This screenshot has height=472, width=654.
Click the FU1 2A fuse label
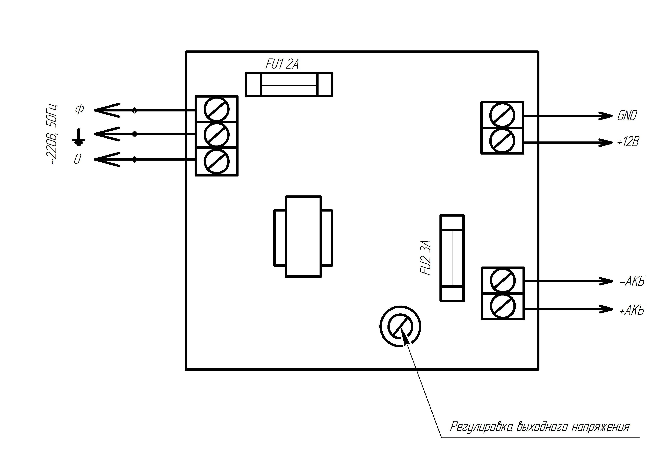[x=282, y=64]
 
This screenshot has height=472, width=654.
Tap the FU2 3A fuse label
[x=427, y=258]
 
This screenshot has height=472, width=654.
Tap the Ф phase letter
[x=79, y=109]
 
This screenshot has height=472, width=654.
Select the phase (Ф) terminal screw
[x=217, y=109]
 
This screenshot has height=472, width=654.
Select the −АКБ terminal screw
[x=503, y=281]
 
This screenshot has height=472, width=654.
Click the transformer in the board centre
[x=303, y=237]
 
